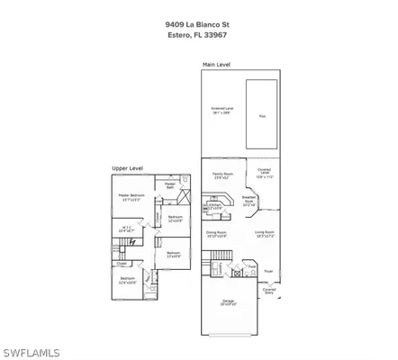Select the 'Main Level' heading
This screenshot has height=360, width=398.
[216, 65]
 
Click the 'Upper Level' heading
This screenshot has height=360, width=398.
[128, 167]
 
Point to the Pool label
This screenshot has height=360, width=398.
[262, 116]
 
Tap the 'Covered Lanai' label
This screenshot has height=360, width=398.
[264, 175]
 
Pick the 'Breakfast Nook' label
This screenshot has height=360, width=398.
[249, 202]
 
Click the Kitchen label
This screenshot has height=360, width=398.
[215, 207]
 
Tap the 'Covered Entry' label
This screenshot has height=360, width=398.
[269, 290]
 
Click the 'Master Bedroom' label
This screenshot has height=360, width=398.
[131, 197]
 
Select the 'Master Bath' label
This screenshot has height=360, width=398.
[170, 185]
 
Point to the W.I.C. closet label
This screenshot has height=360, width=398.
[127, 229]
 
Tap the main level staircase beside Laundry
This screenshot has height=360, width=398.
[217, 270]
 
